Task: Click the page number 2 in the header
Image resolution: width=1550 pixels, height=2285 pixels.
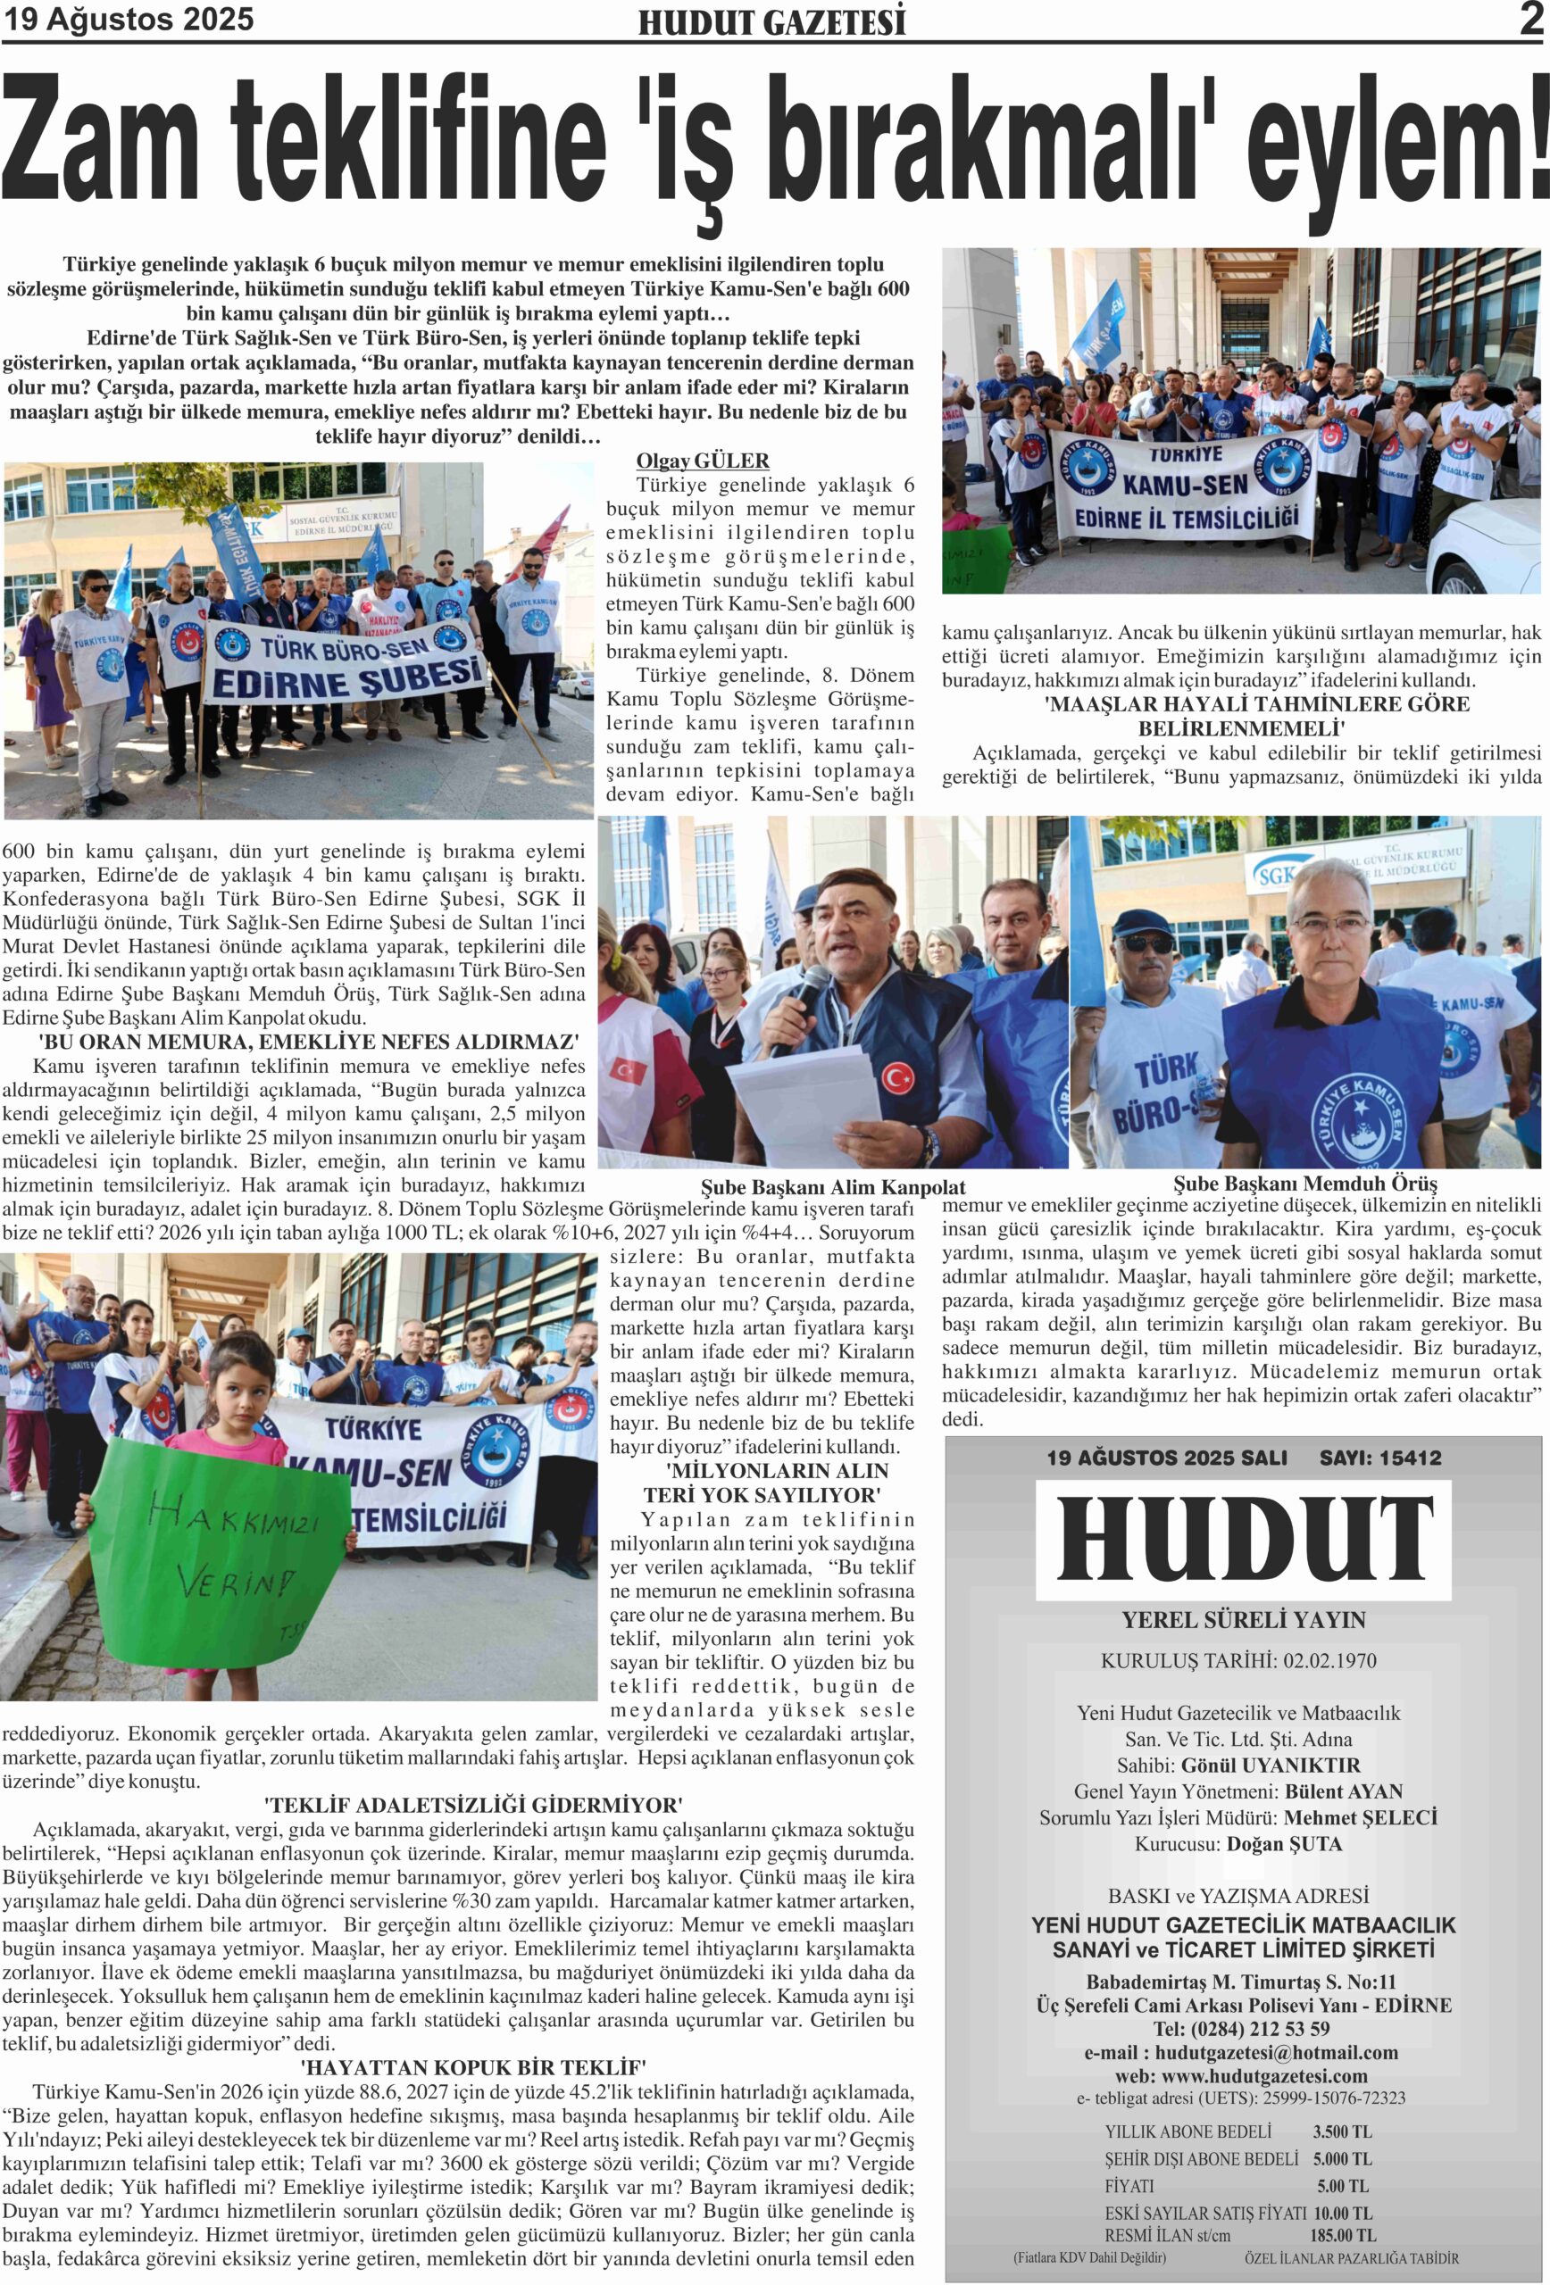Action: (1530, 20)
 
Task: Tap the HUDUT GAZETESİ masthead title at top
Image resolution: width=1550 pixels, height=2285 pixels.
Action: (771, 22)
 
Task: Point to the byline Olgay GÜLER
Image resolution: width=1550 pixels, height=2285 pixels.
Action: (702, 461)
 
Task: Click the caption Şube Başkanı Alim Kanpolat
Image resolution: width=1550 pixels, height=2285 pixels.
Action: (832, 1187)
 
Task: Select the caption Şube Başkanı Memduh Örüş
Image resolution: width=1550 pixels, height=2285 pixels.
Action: (1304, 1184)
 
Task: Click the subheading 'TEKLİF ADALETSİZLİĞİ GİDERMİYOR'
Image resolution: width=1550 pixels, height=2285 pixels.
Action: (473, 1805)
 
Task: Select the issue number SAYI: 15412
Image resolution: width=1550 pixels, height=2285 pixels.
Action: (1379, 1458)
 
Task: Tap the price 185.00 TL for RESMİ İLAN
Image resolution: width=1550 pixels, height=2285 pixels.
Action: (1343, 2234)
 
